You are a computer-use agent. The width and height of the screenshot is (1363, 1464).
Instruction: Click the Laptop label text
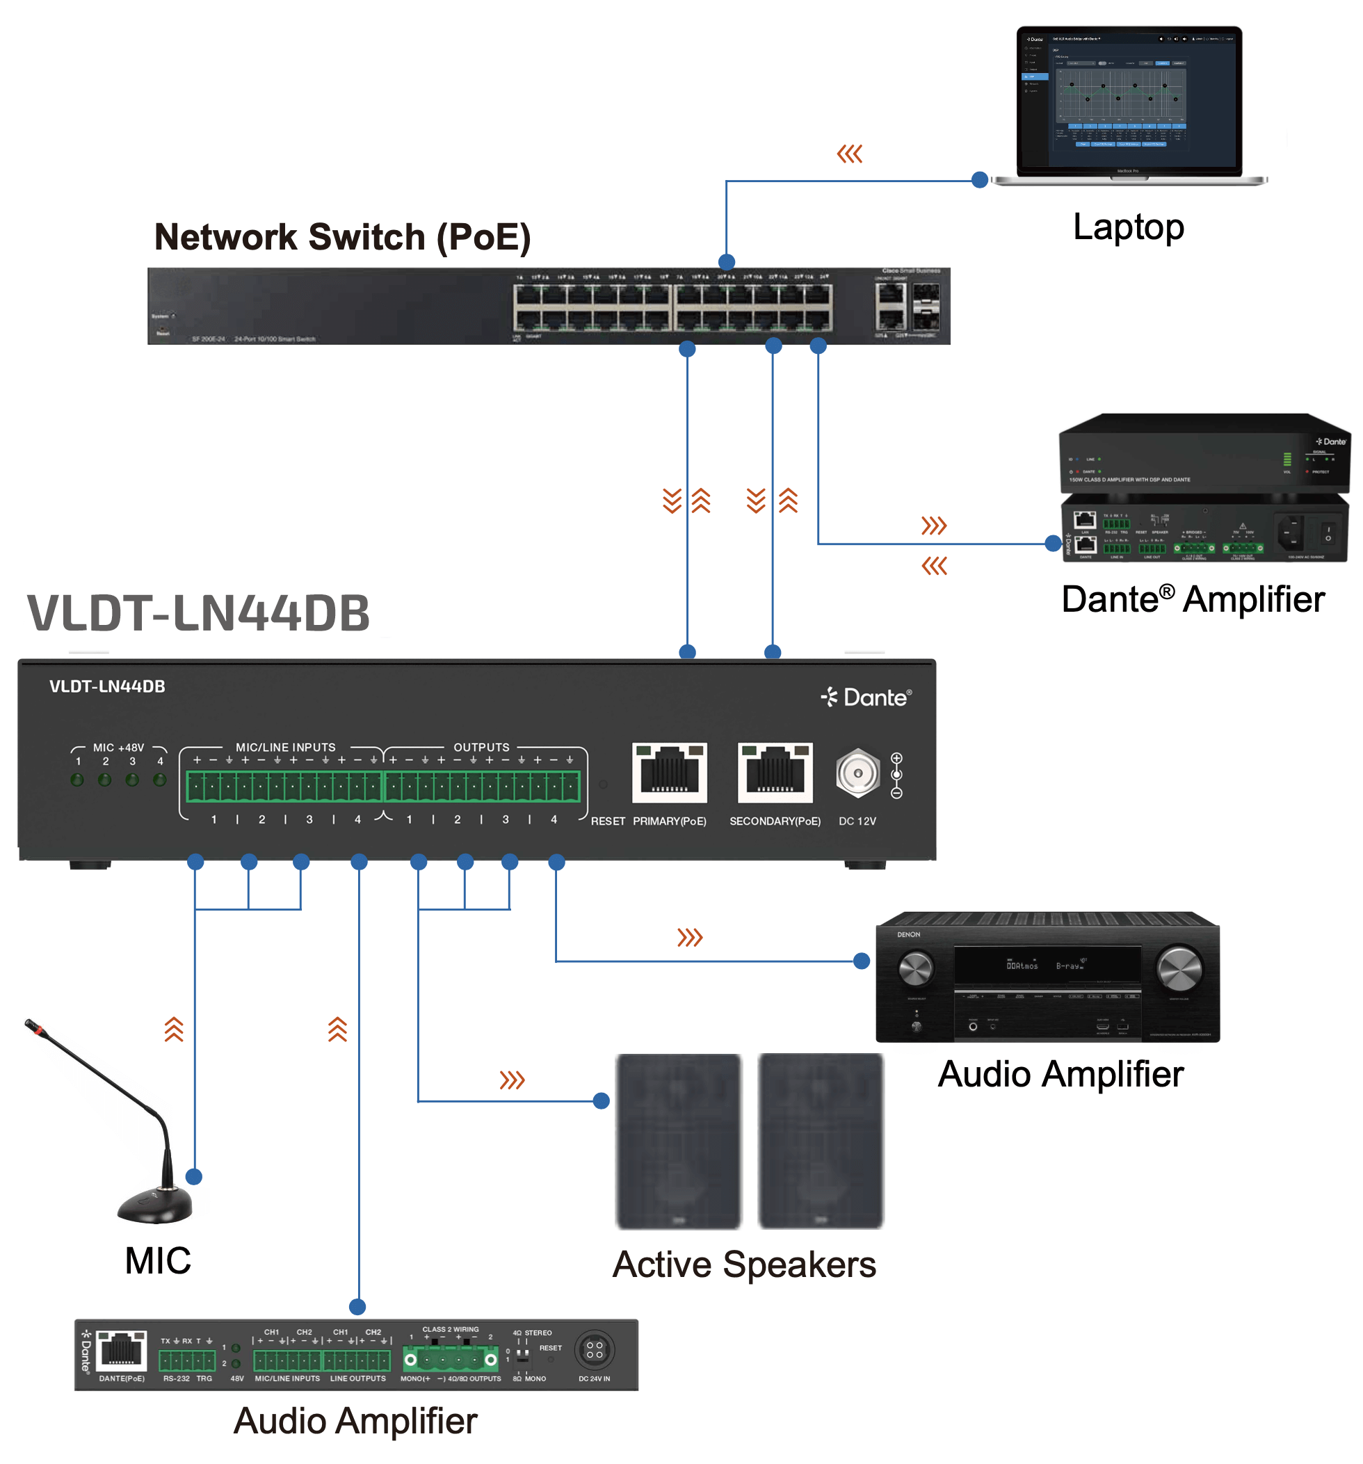pyautogui.click(x=1127, y=227)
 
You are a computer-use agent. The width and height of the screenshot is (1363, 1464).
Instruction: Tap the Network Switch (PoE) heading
pyautogui.click(x=342, y=237)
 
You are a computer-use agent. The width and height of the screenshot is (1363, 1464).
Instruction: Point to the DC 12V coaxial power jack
pyautogui.click(x=857, y=773)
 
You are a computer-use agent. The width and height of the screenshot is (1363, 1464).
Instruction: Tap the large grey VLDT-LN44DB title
pyautogui.click(x=198, y=612)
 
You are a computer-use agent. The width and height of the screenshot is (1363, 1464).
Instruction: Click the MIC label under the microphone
pyautogui.click(x=158, y=1260)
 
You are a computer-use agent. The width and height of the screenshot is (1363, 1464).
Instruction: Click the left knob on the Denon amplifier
pyautogui.click(x=915, y=968)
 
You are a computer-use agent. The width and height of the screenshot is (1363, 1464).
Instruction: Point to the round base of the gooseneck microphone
pyautogui.click(x=154, y=1206)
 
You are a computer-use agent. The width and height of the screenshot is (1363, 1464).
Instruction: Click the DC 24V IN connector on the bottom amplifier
pyautogui.click(x=593, y=1349)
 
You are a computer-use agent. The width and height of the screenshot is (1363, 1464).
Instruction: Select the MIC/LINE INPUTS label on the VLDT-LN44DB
pyautogui.click(x=285, y=747)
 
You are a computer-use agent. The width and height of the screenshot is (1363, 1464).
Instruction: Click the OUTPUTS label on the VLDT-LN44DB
pyautogui.click(x=481, y=747)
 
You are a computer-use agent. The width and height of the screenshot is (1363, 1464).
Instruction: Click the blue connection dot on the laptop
pyautogui.click(x=978, y=179)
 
